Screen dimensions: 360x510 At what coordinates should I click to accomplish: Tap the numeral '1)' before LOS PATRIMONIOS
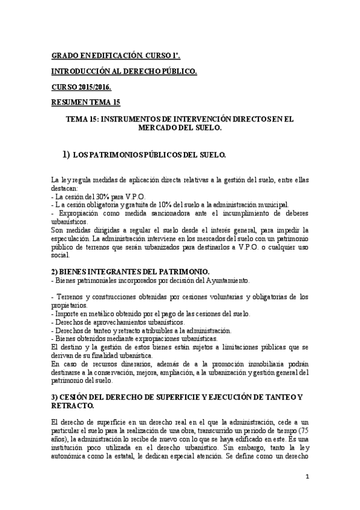pyautogui.click(x=67, y=155)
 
